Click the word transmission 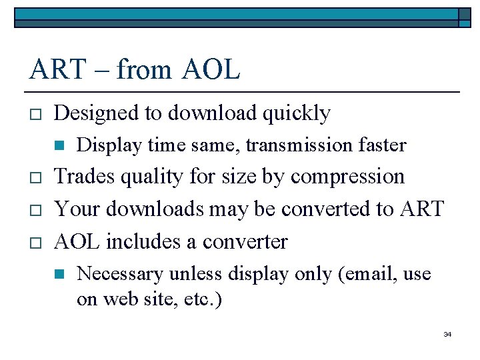click(x=280, y=145)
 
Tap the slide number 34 click(x=447, y=334)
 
